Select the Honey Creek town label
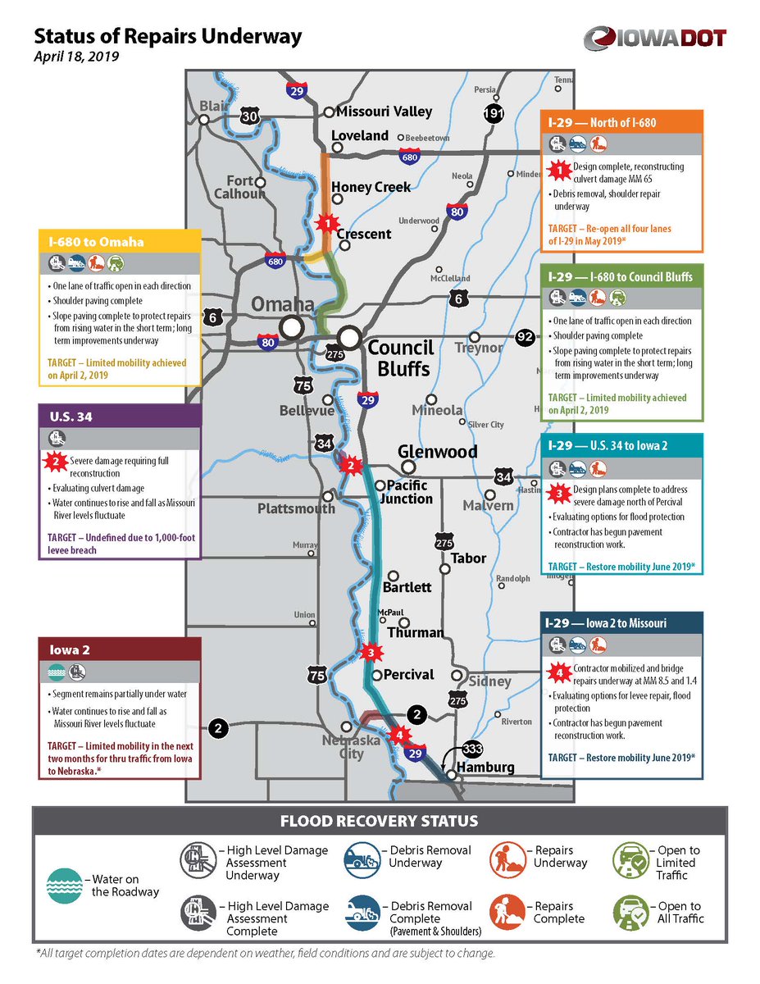coord(371,187)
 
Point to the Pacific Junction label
coord(411,492)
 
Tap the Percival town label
coord(408,674)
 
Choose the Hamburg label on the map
coord(487,768)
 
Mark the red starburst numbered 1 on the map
coord(327,222)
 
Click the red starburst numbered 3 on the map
coord(371,653)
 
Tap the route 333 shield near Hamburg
coord(473,748)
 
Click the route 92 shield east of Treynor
coord(526,337)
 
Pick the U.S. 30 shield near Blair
coord(249,117)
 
